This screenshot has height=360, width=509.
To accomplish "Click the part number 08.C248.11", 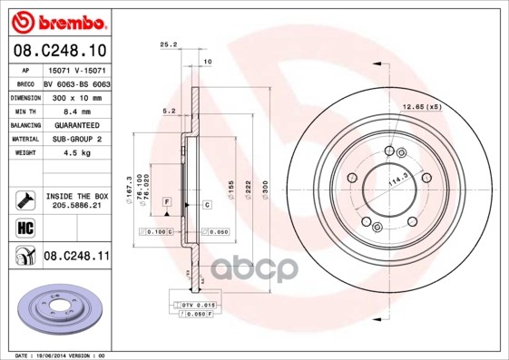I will coord(77,258).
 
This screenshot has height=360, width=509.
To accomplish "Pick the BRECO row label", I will coord(25,82).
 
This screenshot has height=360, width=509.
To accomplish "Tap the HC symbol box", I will coord(25,228).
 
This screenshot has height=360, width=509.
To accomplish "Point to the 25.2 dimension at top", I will coord(167,44).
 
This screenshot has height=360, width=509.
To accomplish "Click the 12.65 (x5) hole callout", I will coord(421,108).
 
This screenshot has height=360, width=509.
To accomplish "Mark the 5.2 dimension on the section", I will coord(168,112).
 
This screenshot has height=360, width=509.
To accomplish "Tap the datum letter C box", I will coord(207,205).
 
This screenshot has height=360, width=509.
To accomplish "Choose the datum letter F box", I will coord(167,199).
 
